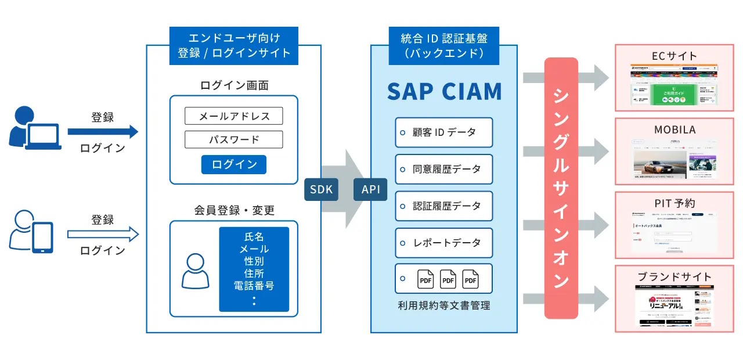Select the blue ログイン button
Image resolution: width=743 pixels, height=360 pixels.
234,164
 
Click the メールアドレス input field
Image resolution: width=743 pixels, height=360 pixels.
234,116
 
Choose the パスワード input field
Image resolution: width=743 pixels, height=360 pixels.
234,140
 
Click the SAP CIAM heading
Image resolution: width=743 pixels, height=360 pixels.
444,92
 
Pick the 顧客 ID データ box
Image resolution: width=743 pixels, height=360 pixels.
444,132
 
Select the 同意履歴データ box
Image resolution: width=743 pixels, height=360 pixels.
444,169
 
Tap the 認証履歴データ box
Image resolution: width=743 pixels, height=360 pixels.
444,206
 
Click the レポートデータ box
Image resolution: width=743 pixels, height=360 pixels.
444,242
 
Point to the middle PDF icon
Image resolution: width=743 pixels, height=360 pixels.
448,280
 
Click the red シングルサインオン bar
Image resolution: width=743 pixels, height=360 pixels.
561,188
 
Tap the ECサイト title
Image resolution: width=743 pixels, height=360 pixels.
674,56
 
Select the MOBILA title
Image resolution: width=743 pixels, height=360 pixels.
674,129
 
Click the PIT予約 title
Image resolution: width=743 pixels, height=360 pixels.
674,203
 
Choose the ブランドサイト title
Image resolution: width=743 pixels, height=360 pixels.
674,276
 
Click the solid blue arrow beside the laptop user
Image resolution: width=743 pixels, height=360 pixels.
103,132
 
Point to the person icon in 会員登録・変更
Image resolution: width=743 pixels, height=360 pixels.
195,271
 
